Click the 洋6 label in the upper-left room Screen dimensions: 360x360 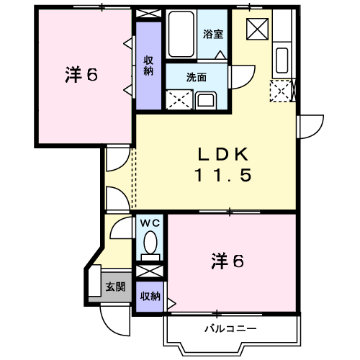tap(81, 75)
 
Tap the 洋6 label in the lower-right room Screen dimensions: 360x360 tap(228, 261)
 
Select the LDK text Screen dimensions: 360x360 tap(223, 154)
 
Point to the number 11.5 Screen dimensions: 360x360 tap(223, 175)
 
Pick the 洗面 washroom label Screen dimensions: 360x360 tap(197, 76)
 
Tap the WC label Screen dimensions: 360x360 tap(150, 223)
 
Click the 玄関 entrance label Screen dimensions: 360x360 tap(115, 287)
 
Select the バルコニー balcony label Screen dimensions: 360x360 tap(230, 328)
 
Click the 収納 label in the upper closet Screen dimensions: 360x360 tap(148, 66)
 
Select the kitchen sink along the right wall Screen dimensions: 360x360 tap(282, 60)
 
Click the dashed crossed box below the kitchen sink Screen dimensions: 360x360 tap(281, 91)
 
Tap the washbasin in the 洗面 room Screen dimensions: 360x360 tap(205, 99)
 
